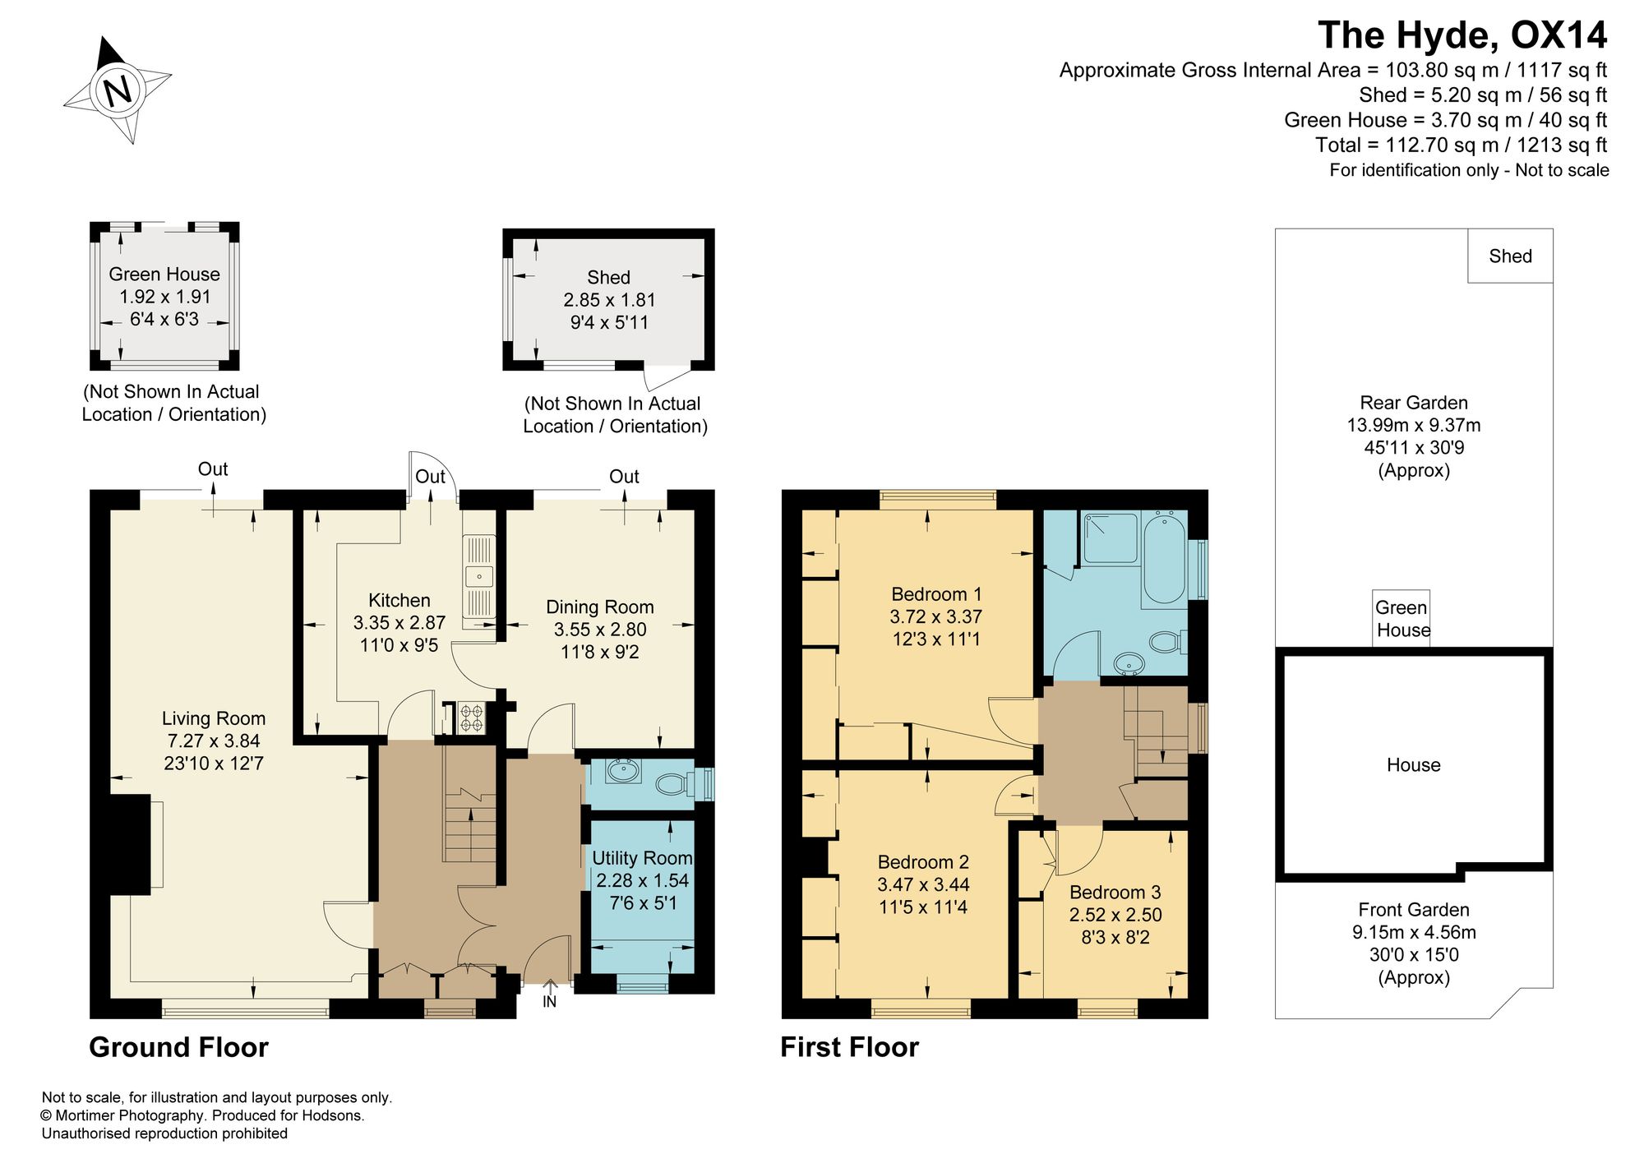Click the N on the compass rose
(118, 90)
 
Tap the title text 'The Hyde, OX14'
(1462, 35)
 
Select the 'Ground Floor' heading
(178, 1047)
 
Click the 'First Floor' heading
(849, 1047)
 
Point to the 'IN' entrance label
(549, 1002)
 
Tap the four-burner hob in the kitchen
(472, 718)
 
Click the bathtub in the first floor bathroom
(1164, 559)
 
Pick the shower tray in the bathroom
(1111, 538)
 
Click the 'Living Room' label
(214, 718)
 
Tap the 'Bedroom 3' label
(1115, 892)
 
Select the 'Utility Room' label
(642, 858)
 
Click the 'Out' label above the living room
(213, 468)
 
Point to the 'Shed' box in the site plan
(1511, 256)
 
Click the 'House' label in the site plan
(1414, 765)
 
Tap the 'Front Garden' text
(1414, 910)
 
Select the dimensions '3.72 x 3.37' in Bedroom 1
(936, 616)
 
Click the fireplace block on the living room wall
(130, 844)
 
